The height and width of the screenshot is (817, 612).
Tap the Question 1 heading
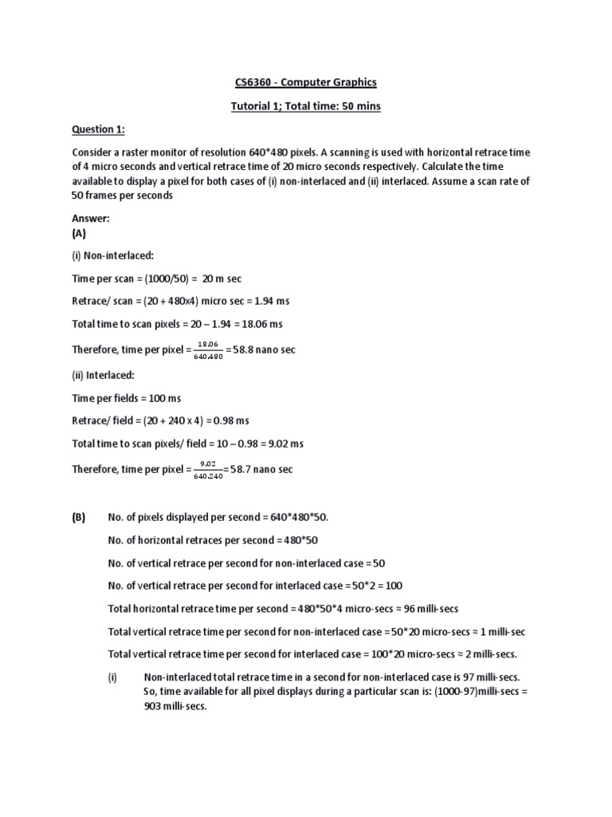(98, 129)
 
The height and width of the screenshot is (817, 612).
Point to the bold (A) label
(79, 234)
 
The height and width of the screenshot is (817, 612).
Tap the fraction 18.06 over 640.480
(207, 350)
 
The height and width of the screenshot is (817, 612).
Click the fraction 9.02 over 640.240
(206, 468)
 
